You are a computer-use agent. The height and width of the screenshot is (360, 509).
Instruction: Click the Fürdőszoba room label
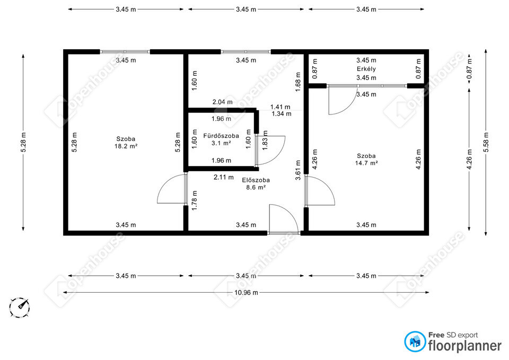click(221, 136)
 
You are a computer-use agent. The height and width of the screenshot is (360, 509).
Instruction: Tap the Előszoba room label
click(256, 180)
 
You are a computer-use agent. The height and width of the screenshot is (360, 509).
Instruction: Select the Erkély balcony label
click(366, 69)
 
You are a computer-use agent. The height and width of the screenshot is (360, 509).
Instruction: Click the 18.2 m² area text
click(126, 146)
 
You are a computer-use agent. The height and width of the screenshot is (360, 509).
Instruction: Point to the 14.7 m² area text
click(366, 163)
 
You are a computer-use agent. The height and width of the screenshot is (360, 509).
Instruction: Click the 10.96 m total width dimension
click(247, 293)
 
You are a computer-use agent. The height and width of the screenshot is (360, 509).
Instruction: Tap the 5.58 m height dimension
click(486, 142)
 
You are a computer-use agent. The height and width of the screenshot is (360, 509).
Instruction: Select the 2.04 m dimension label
click(222, 102)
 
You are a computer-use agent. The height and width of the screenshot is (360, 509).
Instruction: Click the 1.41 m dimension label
click(280, 107)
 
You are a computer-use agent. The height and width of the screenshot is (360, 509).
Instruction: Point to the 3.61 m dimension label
click(298, 170)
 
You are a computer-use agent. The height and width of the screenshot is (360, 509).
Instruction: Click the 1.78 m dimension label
click(195, 200)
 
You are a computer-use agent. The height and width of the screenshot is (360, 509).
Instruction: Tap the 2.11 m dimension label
click(224, 177)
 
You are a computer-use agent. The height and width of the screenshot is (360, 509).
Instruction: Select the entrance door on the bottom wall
click(283, 219)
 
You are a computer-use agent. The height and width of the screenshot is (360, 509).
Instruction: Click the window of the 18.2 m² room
click(125, 51)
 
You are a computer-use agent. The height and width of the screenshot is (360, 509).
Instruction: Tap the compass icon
click(20, 307)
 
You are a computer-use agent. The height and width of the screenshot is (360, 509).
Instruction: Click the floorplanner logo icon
click(415, 341)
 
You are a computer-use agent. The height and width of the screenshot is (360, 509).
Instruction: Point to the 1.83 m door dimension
click(265, 140)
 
